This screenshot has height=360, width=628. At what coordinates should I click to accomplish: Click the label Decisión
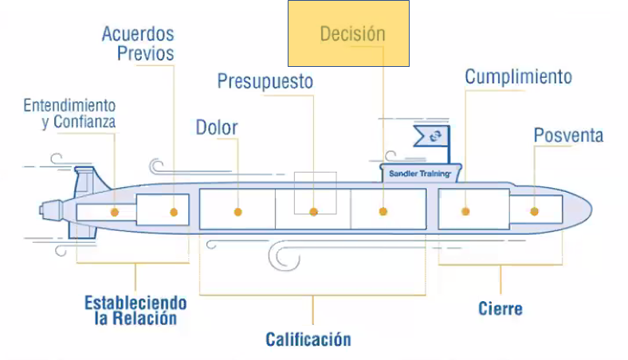point(352,34)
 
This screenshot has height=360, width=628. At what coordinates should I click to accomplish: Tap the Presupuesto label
point(265,81)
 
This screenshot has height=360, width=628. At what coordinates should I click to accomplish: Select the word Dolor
point(217,127)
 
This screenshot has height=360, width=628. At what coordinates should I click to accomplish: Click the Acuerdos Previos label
point(138,44)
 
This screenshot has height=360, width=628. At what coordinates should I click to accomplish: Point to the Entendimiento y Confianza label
point(69,113)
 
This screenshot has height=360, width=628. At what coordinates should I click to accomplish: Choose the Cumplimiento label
point(518,76)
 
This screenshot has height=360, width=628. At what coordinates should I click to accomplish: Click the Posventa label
point(568,135)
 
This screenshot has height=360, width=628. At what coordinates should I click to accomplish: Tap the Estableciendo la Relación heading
point(135,311)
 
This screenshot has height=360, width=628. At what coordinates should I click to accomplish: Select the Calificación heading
point(308,339)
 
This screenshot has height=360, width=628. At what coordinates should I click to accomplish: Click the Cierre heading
point(500,308)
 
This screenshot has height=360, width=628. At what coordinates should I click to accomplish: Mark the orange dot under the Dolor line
point(237,211)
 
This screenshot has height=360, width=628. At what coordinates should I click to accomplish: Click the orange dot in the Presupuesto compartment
point(314,212)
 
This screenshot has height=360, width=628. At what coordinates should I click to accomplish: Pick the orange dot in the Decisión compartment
point(383,211)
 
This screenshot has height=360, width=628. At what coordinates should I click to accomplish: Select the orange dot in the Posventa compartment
point(534,211)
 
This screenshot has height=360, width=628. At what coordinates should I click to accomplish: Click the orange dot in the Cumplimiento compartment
point(465,211)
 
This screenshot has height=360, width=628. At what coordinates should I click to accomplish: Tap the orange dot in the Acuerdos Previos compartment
point(174,211)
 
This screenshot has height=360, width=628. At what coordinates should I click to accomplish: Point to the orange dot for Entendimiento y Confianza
point(115,212)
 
